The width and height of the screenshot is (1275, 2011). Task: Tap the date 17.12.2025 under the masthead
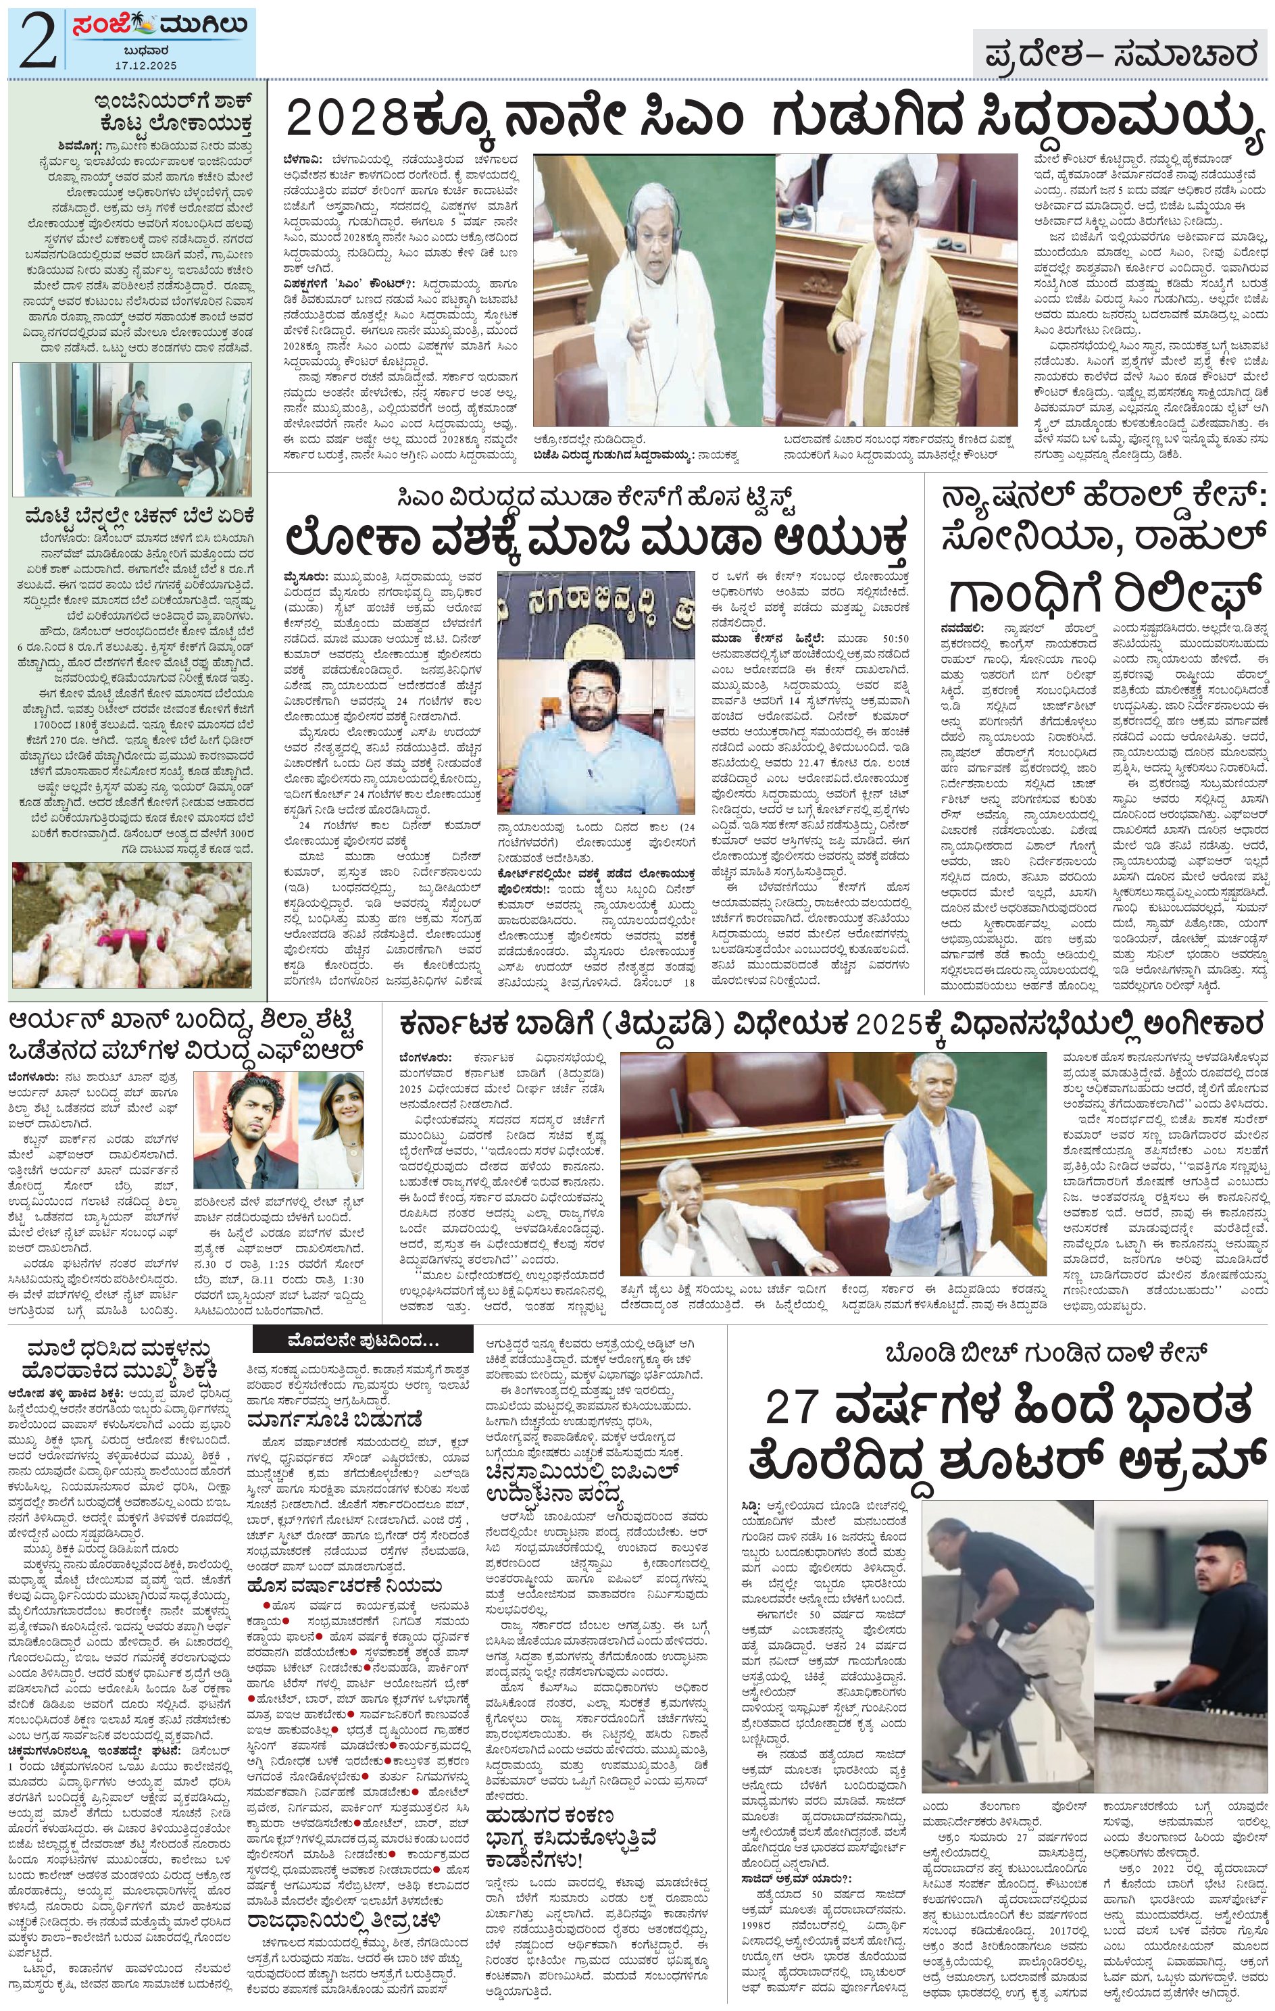(146, 64)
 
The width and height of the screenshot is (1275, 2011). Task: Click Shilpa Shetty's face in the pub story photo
(341, 1111)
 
